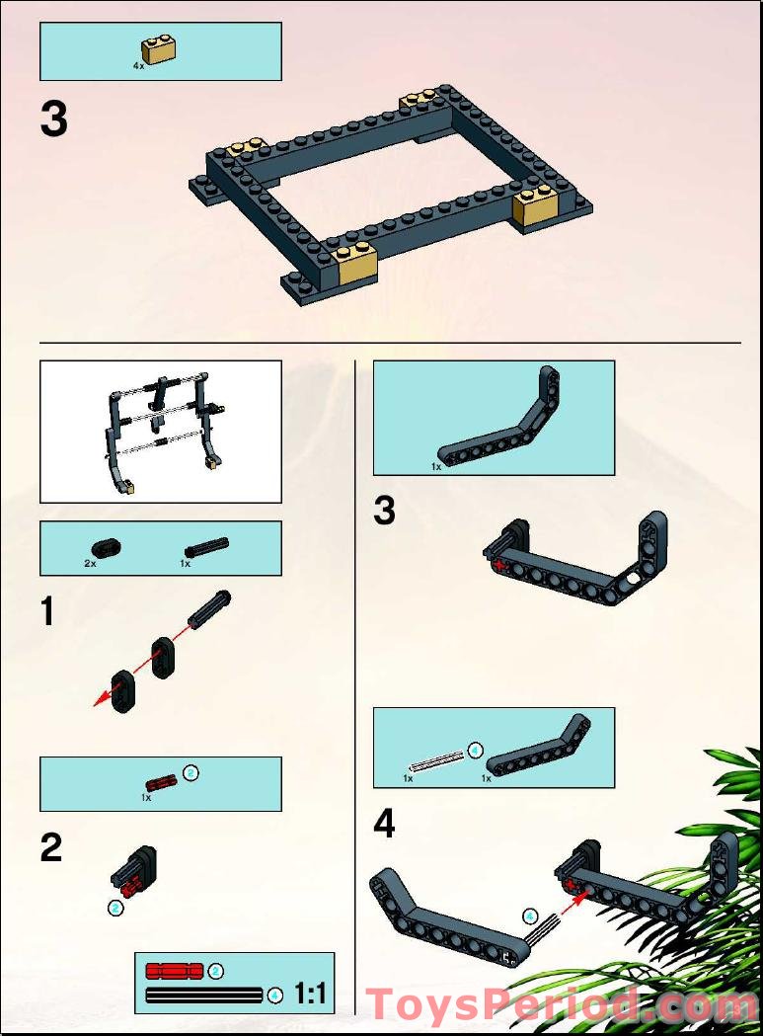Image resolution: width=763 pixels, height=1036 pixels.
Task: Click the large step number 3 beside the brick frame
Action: (54, 120)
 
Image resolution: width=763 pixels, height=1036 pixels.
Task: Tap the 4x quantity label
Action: (138, 65)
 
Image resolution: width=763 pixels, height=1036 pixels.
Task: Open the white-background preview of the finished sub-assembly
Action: (160, 432)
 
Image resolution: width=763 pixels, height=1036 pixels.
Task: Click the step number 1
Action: (48, 611)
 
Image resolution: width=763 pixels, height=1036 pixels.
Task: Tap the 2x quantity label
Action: (90, 562)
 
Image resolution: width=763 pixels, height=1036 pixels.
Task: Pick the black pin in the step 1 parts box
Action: (205, 547)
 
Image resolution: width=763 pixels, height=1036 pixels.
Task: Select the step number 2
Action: (51, 847)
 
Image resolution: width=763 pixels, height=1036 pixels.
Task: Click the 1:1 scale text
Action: (310, 994)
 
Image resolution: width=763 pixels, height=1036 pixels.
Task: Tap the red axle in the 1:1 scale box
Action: (174, 971)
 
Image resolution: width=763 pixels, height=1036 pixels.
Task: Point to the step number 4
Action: (385, 824)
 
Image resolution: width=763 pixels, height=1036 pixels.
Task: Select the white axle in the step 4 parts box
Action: (435, 760)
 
